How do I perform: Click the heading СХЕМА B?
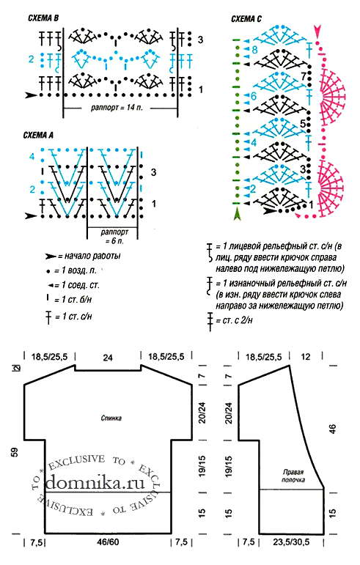point(43,18)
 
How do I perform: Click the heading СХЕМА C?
point(246,19)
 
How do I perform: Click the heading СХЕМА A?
point(38,135)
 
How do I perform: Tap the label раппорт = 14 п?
point(117,108)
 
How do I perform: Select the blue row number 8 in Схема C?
point(254,49)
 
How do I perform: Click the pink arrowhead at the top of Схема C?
point(317,32)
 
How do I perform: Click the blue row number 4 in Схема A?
point(32,157)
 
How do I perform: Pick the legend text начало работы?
point(92,256)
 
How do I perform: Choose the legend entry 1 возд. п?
point(76,270)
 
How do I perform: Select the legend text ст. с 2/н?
point(234,320)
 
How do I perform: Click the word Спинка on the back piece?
point(111,418)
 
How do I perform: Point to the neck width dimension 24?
point(108,358)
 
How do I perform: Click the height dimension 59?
point(15,452)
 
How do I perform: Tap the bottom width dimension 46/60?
point(108,542)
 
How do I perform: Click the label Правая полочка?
point(293,476)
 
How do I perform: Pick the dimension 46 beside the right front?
point(332,429)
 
